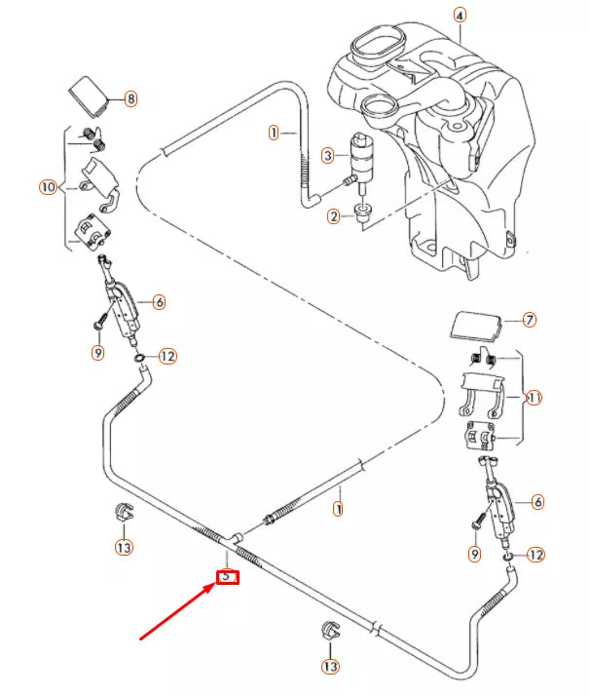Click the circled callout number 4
460,16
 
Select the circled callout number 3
328,155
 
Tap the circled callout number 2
333,215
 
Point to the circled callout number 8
130,98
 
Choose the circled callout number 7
530,319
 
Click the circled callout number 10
48,186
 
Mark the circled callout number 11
533,398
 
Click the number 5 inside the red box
227,576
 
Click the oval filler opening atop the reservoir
377,46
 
